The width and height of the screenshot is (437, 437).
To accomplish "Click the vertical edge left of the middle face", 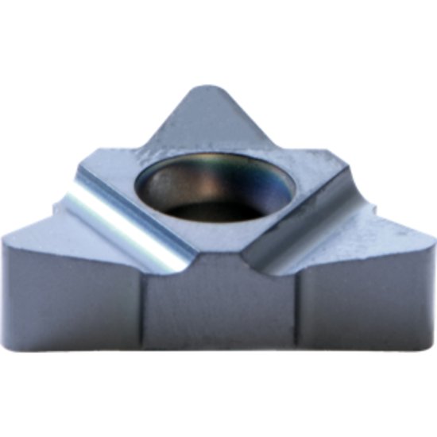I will point(144,310).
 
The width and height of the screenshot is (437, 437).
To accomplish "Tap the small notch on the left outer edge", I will point(53,210).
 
